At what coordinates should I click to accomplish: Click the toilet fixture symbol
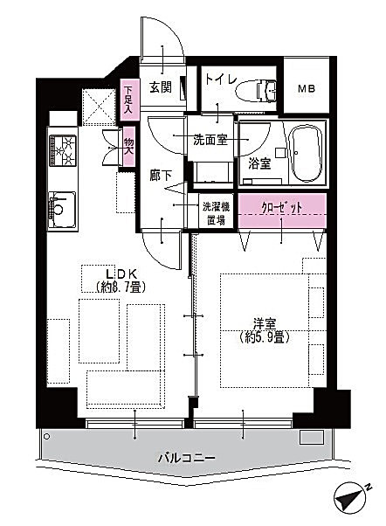(x=256, y=90)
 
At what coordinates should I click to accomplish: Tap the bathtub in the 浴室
(x=307, y=154)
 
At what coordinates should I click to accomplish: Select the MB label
(x=307, y=89)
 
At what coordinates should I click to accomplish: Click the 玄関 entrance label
(x=161, y=87)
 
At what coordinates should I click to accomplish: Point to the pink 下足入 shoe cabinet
(x=129, y=100)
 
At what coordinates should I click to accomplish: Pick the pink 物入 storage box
(x=128, y=146)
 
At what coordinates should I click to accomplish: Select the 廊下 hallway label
(x=161, y=176)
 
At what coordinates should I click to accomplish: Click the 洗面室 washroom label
(x=210, y=140)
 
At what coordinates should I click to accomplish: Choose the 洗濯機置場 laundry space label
(x=216, y=214)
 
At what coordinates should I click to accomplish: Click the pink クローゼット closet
(x=282, y=211)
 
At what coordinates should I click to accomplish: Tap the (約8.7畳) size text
(x=120, y=287)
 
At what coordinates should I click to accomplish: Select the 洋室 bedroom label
(x=265, y=324)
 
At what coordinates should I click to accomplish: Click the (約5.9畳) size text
(x=265, y=337)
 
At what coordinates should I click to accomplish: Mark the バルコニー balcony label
(x=187, y=458)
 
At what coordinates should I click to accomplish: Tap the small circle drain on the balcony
(x=47, y=437)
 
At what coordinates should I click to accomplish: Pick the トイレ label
(x=221, y=80)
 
